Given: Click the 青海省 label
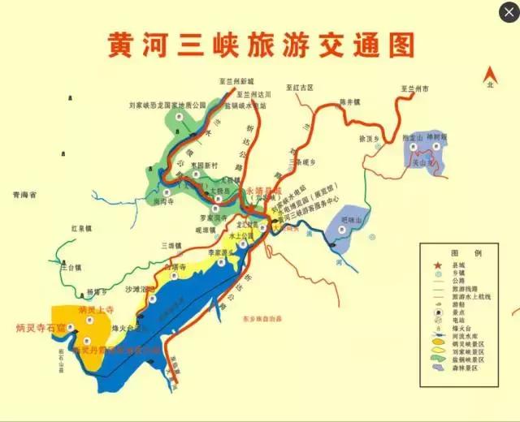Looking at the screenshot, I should tap(27, 195).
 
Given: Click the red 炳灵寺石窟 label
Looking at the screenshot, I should tap(40, 328).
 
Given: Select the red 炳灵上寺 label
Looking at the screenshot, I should tap(93, 311).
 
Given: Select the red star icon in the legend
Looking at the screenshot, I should tap(435, 265).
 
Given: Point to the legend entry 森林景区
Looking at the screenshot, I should tap(466, 369).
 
